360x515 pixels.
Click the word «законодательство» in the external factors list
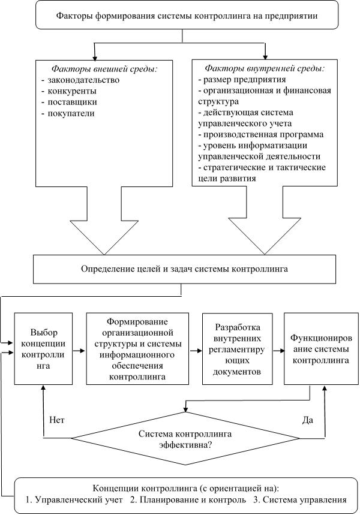[x=83, y=80]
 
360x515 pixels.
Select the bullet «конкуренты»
[x=72, y=91]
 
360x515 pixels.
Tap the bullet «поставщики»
[x=73, y=102]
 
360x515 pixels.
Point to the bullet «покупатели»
[x=71, y=113]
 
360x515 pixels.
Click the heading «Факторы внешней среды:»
[x=104, y=69]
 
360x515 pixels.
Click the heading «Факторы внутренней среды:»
[x=265, y=68]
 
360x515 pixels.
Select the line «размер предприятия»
[x=242, y=80]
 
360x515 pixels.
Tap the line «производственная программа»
[x=261, y=135]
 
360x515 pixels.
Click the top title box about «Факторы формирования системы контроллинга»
[x=187, y=15]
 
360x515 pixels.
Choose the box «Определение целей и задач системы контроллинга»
[x=184, y=269]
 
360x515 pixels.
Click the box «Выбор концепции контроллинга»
[x=43, y=348]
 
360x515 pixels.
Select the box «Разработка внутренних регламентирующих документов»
[x=238, y=348]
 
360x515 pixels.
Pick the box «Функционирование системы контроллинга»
[x=321, y=348]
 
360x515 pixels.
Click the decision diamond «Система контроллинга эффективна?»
[x=185, y=438]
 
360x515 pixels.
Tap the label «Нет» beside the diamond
[x=57, y=420]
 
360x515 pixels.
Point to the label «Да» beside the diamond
[x=307, y=420]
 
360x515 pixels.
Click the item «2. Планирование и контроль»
[x=188, y=500]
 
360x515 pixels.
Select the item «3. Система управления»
[x=300, y=500]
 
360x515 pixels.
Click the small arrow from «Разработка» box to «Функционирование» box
[x=278, y=351]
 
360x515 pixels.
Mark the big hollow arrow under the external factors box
[x=104, y=221]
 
